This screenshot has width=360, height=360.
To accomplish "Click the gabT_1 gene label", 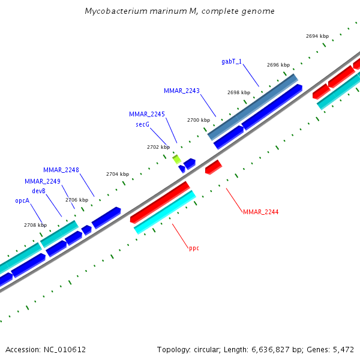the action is click(x=232, y=61).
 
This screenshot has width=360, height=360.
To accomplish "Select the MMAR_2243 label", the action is click(x=182, y=91).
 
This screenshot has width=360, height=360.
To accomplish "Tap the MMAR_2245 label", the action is click(x=147, y=114).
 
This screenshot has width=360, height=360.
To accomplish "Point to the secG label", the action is click(x=143, y=124).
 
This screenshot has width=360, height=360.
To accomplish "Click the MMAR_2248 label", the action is click(x=61, y=170).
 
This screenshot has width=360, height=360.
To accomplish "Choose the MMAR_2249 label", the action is click(x=43, y=181).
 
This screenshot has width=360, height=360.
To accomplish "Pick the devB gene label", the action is click(x=39, y=191).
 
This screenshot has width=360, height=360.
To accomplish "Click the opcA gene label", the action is click(x=22, y=201).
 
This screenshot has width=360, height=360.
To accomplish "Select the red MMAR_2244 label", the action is click(x=260, y=212).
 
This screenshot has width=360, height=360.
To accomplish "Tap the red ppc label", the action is click(x=194, y=248).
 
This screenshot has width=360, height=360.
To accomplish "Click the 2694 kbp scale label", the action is click(x=317, y=36).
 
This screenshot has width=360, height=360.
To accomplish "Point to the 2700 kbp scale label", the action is click(x=199, y=120).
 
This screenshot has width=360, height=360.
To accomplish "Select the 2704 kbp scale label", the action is click(x=118, y=174).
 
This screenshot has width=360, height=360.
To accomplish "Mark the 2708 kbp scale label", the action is click(x=35, y=225).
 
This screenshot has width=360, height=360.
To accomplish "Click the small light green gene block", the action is click(x=176, y=159).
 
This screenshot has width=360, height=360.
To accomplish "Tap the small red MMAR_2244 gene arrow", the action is click(x=213, y=167).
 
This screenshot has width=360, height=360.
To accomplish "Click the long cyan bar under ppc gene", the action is click(x=164, y=212).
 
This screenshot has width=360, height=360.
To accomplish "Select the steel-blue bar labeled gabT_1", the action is click(x=253, y=107).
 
